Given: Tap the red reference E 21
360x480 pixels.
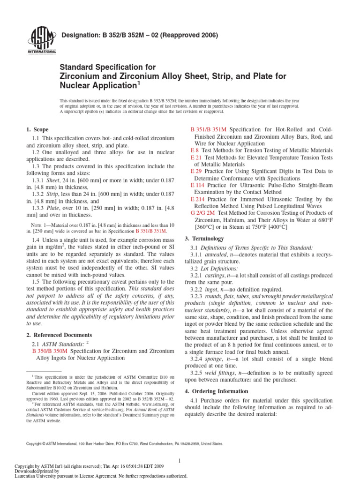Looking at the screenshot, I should tap(196, 157).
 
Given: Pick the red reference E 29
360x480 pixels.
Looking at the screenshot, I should tap(196, 172).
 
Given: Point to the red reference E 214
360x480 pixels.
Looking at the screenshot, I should tap(198, 199).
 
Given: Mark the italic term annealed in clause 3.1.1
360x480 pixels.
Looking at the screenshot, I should tap(217, 254).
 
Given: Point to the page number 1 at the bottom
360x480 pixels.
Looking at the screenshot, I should tap(180, 461).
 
